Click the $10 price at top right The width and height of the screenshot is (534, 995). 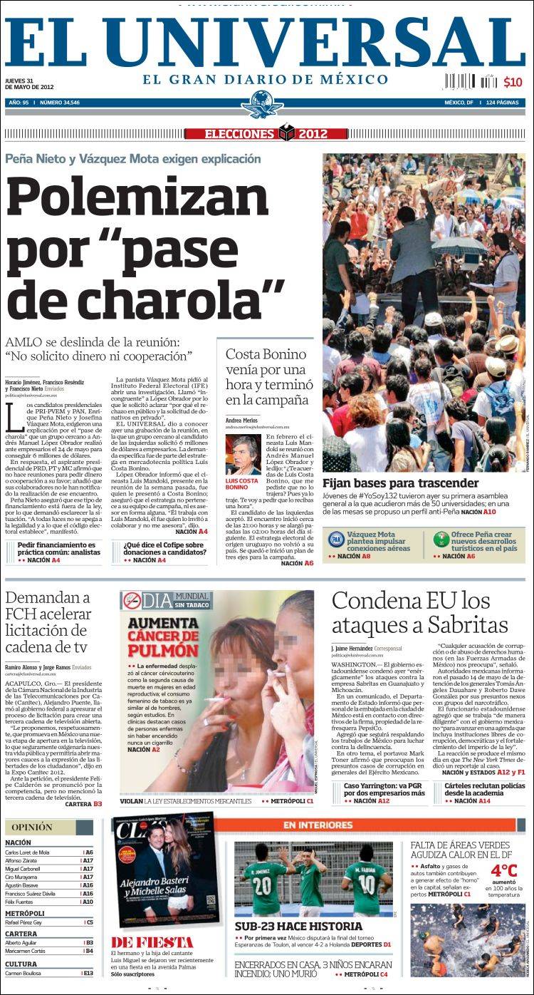[x=513, y=82]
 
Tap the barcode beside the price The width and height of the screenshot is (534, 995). [x=471, y=81]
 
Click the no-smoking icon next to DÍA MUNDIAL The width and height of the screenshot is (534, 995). [x=132, y=600]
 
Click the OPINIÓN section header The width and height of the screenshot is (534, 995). [x=32, y=827]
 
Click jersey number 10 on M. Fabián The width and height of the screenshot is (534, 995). [x=367, y=883]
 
